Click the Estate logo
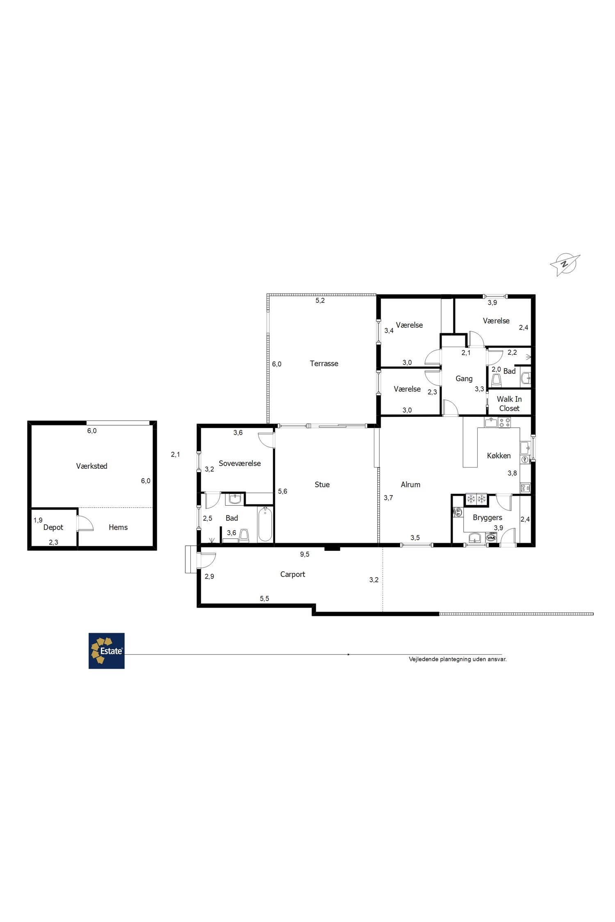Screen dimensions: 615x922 coord(107,651)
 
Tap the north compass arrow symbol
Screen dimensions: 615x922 coord(565,264)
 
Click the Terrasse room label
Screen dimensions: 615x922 coord(324,363)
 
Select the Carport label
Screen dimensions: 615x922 coord(292,575)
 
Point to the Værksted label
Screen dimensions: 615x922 coord(91,466)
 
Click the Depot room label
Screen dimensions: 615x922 coord(53,527)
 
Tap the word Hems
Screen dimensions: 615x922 coord(118,527)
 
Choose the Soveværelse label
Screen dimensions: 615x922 coord(239,463)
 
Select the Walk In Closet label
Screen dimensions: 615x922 coord(509,404)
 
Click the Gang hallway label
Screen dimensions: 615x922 coord(464,379)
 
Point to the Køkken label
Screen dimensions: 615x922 coord(499,456)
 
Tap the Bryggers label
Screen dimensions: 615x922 coord(487,518)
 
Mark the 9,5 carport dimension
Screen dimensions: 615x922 coord(305,554)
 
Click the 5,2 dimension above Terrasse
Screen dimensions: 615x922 coord(320,300)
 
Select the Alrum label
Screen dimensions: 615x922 coord(410,485)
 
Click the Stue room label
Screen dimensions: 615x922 coord(322,485)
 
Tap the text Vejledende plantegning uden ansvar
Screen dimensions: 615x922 coord(458,659)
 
